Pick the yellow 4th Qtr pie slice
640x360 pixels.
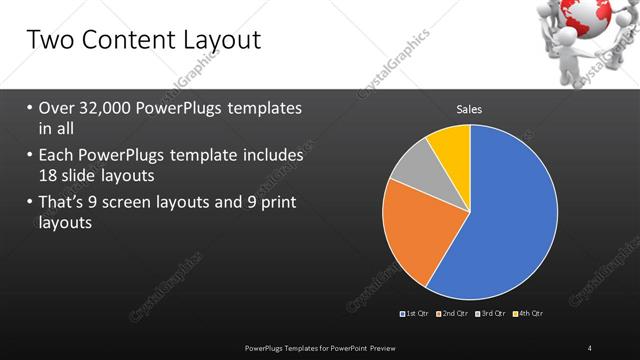click(451, 144)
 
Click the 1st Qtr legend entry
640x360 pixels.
click(414, 314)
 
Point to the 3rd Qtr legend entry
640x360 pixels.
click(492, 314)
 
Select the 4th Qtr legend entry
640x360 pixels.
click(529, 314)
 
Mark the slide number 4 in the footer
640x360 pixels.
click(590, 347)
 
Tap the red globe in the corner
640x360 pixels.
click(589, 17)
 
